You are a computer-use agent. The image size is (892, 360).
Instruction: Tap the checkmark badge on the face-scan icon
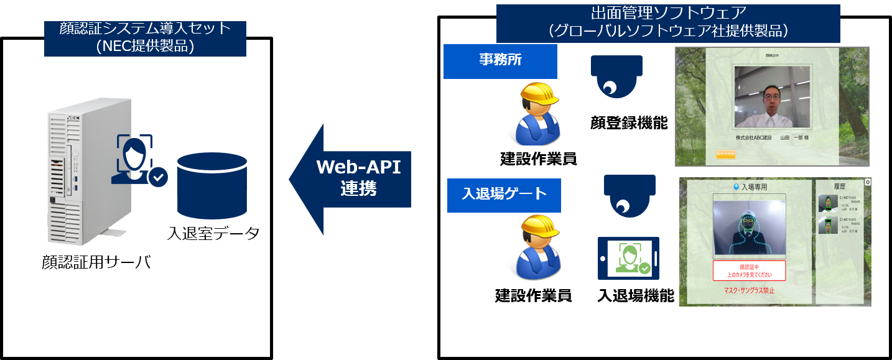[159, 177]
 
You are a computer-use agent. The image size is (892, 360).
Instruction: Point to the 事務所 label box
[500, 61]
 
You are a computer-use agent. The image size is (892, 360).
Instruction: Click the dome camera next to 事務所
[616, 76]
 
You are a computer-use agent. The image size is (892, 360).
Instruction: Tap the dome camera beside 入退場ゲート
[630, 195]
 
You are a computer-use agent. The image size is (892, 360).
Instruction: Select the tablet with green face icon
[628, 258]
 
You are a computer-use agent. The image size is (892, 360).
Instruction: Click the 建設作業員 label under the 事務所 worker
[538, 159]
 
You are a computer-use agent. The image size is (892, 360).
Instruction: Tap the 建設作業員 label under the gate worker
[533, 296]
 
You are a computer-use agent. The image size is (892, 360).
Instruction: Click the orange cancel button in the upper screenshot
[725, 155]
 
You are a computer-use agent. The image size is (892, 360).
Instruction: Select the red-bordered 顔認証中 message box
[749, 270]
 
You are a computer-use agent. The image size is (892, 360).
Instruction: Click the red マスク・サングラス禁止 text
[750, 291]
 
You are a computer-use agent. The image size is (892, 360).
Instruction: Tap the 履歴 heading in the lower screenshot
[842, 186]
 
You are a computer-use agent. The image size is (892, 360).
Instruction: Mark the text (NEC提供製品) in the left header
[145, 47]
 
